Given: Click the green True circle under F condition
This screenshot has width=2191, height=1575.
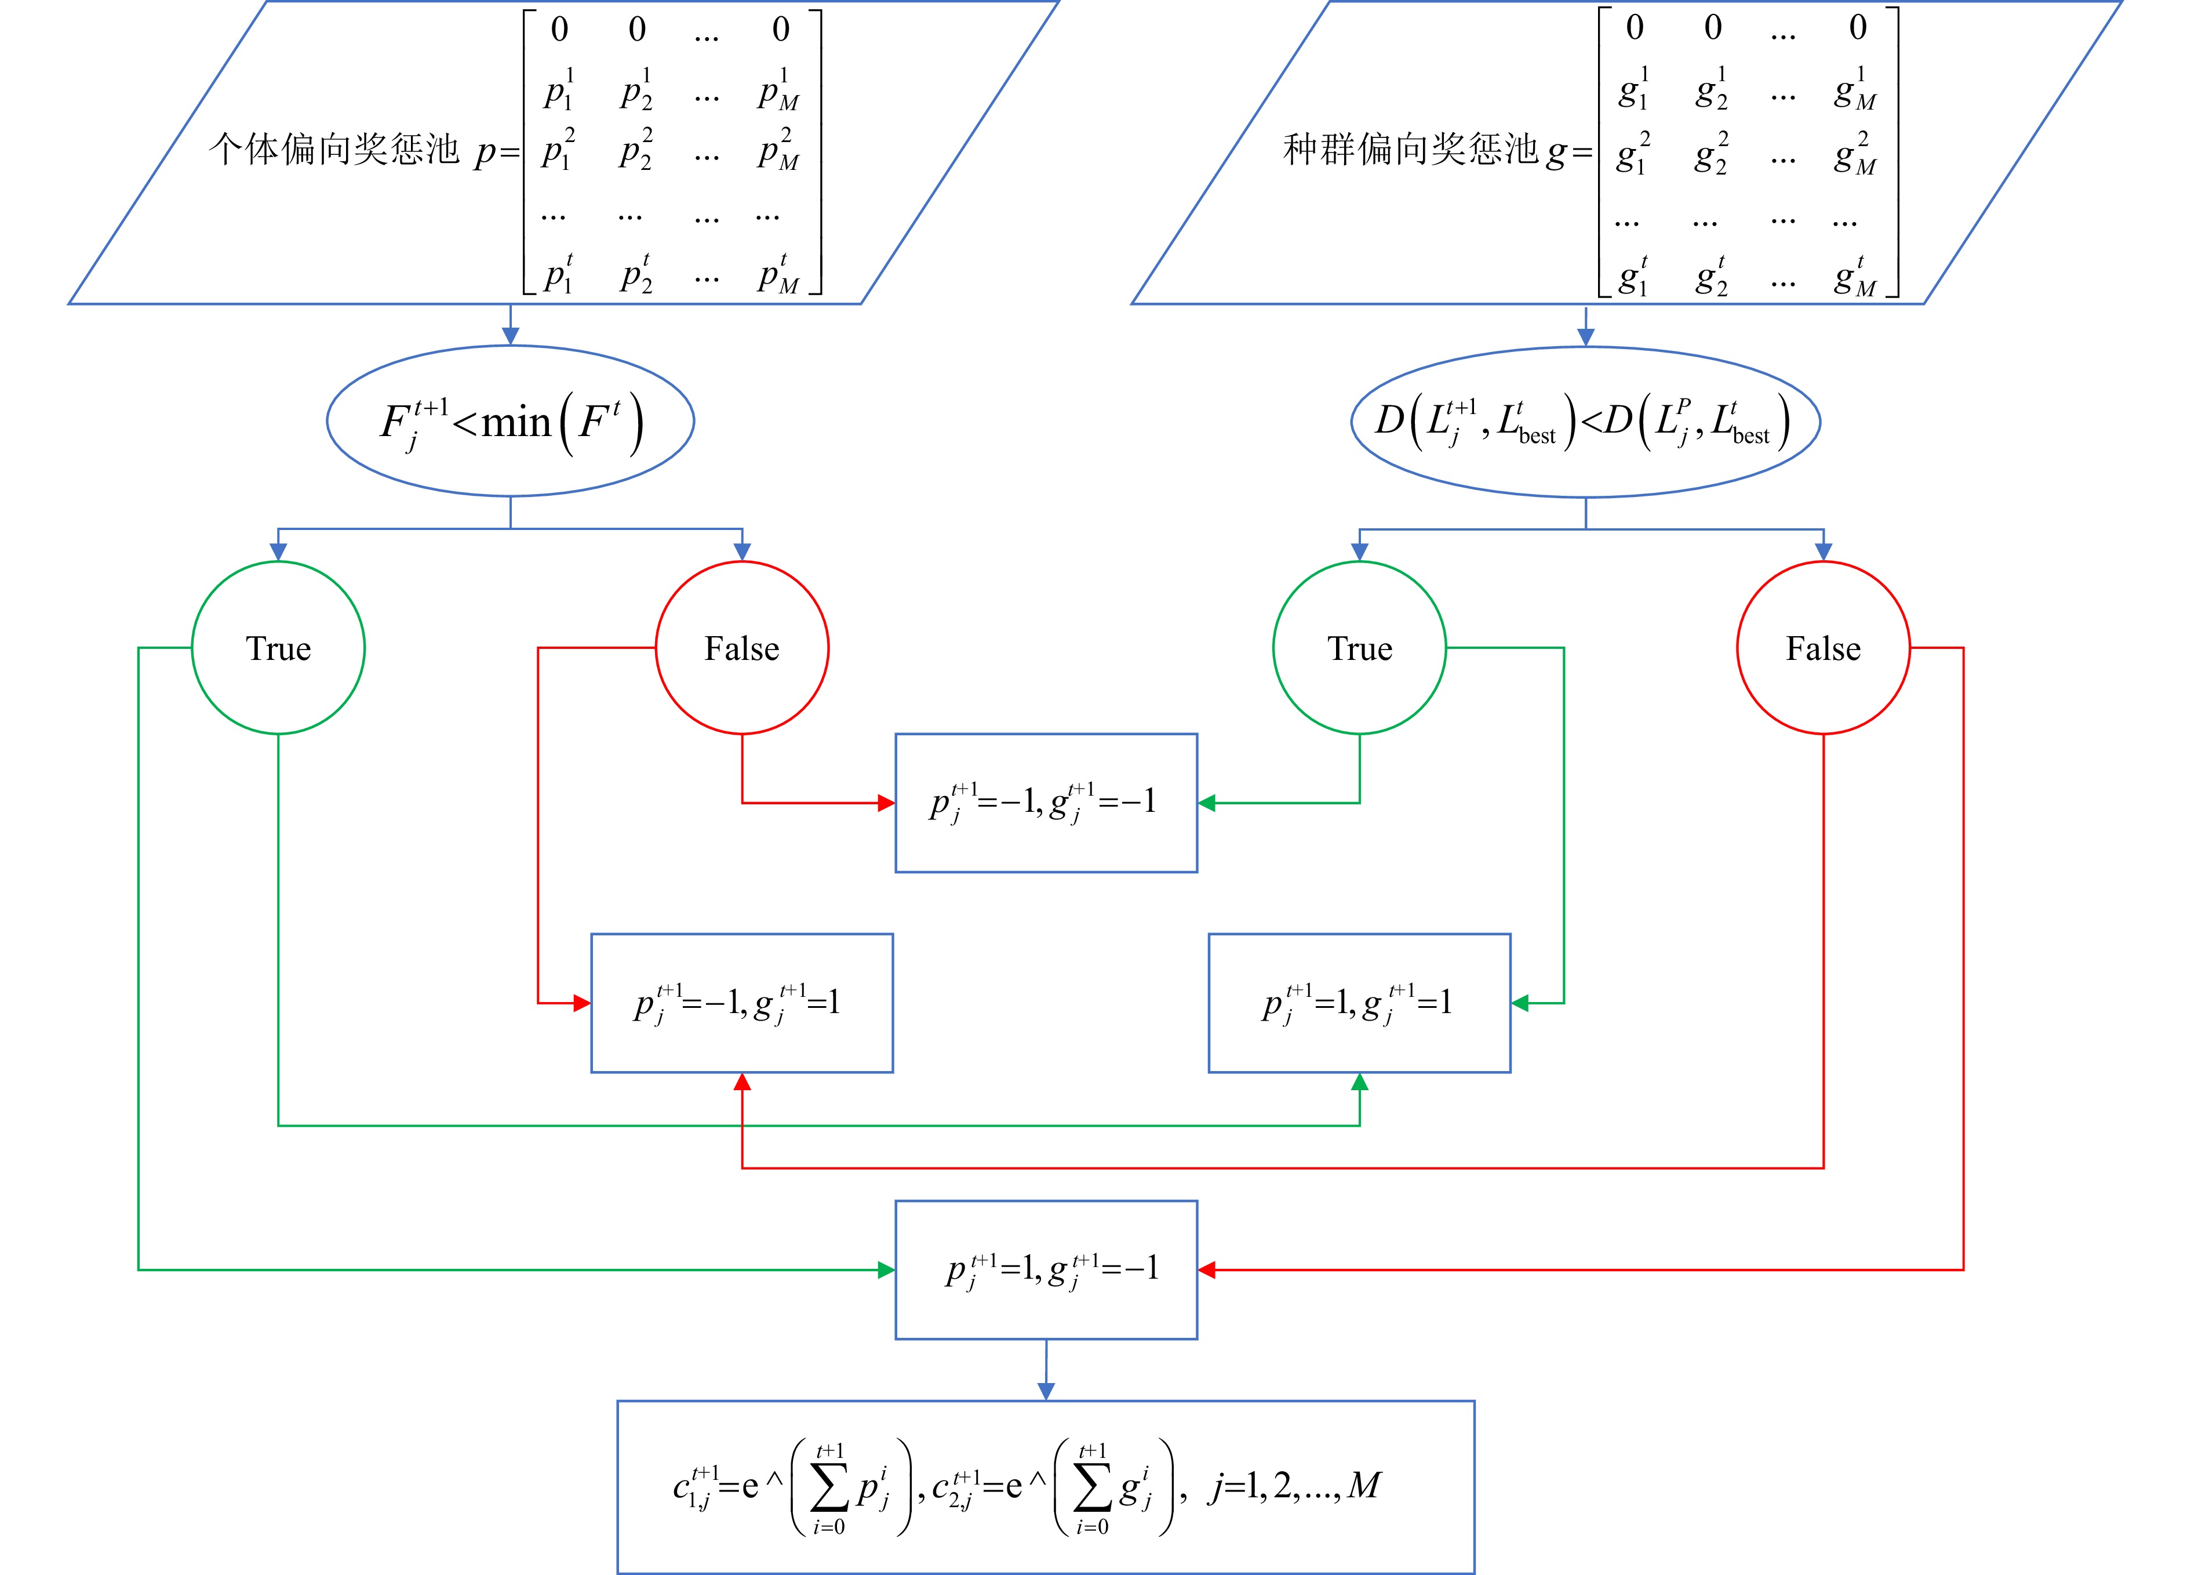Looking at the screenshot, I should [278, 647].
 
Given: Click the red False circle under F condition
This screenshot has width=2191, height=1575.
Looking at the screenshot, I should [742, 647].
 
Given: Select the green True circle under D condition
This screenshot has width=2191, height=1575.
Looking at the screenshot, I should [1359, 647].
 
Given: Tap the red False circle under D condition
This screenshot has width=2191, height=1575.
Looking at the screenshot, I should [1823, 647].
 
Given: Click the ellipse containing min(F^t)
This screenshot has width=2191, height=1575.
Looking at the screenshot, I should [510, 421].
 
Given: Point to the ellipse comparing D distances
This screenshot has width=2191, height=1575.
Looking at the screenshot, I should [1585, 421].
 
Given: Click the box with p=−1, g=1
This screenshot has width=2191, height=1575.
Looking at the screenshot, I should [742, 1003].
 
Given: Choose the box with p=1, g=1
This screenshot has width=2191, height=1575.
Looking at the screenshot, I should [1359, 1003].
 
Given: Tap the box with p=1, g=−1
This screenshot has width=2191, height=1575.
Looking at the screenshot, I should [1046, 1269].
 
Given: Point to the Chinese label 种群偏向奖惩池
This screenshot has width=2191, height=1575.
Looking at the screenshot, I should [1410, 150].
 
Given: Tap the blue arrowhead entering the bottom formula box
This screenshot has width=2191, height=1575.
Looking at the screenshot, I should [1046, 1391].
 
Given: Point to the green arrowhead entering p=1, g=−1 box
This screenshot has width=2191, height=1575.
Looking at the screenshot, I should [886, 1269].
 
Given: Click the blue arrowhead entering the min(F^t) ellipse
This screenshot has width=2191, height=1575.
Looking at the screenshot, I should [510, 336].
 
